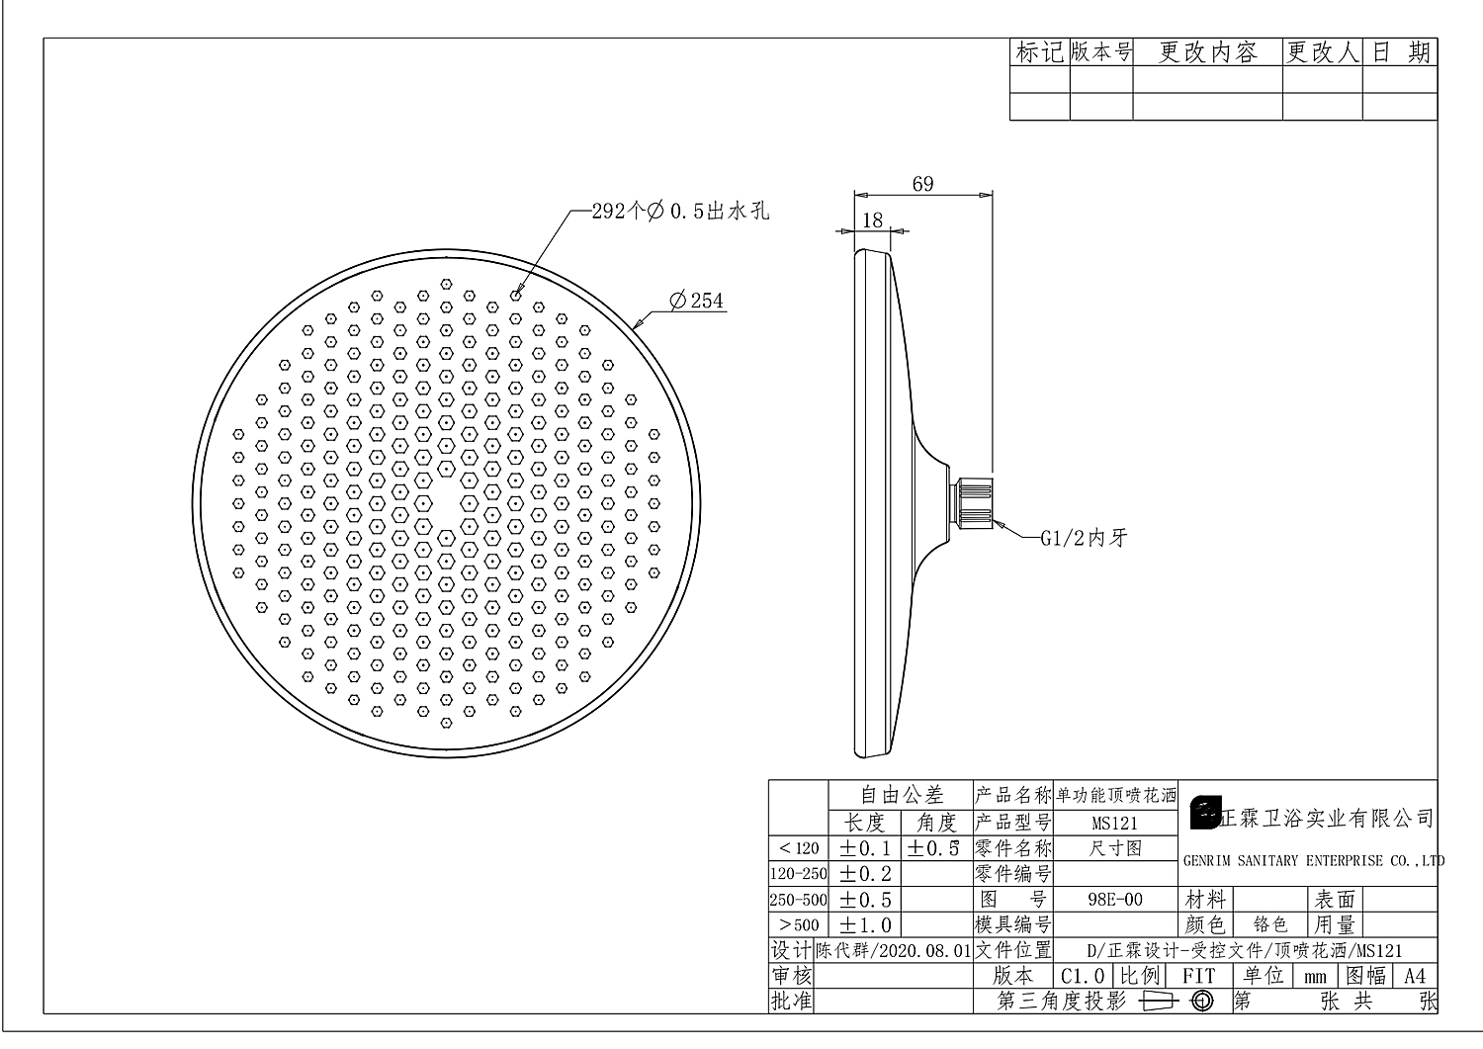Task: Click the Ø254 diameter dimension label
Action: pos(697,301)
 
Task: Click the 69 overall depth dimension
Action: pos(922,184)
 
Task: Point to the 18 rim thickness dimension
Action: pos(872,220)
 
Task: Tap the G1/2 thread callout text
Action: pos(1084,539)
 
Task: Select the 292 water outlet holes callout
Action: pos(680,211)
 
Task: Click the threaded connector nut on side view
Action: pos(971,502)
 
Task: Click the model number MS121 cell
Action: pos(1114,823)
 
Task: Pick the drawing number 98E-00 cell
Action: pos(1114,900)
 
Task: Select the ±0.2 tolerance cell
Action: pos(865,874)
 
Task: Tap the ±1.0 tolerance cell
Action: pos(865,925)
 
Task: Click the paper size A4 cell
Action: pos(1415,977)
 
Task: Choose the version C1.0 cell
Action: pos(1082,977)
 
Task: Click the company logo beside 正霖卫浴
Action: pos(1205,813)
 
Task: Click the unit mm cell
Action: pos(1315,977)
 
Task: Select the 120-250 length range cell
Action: pos(798,874)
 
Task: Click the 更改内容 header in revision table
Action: pos(1207,52)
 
